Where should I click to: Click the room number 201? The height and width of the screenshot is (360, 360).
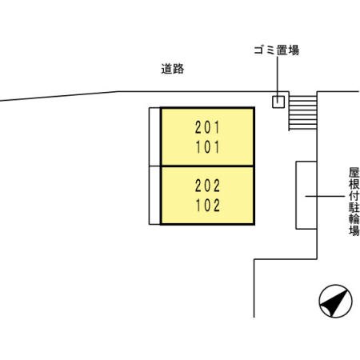pyautogui.click(x=207, y=127)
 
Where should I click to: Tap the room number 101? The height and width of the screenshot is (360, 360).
pyautogui.click(x=207, y=147)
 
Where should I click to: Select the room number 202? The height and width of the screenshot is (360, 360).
pyautogui.click(x=207, y=186)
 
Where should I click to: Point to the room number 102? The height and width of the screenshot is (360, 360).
pyautogui.click(x=207, y=205)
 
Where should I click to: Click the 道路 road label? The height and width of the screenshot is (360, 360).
pyautogui.click(x=173, y=69)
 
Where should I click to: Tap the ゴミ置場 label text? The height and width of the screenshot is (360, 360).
pyautogui.click(x=276, y=50)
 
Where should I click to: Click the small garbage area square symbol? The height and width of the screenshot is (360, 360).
pyautogui.click(x=278, y=102)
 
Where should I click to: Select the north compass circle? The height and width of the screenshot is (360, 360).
pyautogui.click(x=335, y=301)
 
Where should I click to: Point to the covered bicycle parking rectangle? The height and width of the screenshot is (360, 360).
pyautogui.click(x=306, y=195)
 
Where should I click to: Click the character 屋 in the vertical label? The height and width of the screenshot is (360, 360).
pyautogui.click(x=354, y=172)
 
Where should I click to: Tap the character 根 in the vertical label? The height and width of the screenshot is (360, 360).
pyautogui.click(x=354, y=184)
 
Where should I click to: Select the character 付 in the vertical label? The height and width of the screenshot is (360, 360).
pyautogui.click(x=354, y=195)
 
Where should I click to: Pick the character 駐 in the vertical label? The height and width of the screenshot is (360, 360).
pyautogui.click(x=354, y=207)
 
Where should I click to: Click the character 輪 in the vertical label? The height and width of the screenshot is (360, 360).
pyautogui.click(x=354, y=218)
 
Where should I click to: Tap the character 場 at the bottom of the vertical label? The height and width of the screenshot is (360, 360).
pyautogui.click(x=354, y=230)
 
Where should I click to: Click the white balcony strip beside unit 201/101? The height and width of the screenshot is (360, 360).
pyautogui.click(x=154, y=137)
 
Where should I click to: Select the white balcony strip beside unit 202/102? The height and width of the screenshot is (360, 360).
pyautogui.click(x=154, y=195)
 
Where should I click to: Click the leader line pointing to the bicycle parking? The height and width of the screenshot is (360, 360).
pyautogui.click(x=325, y=196)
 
